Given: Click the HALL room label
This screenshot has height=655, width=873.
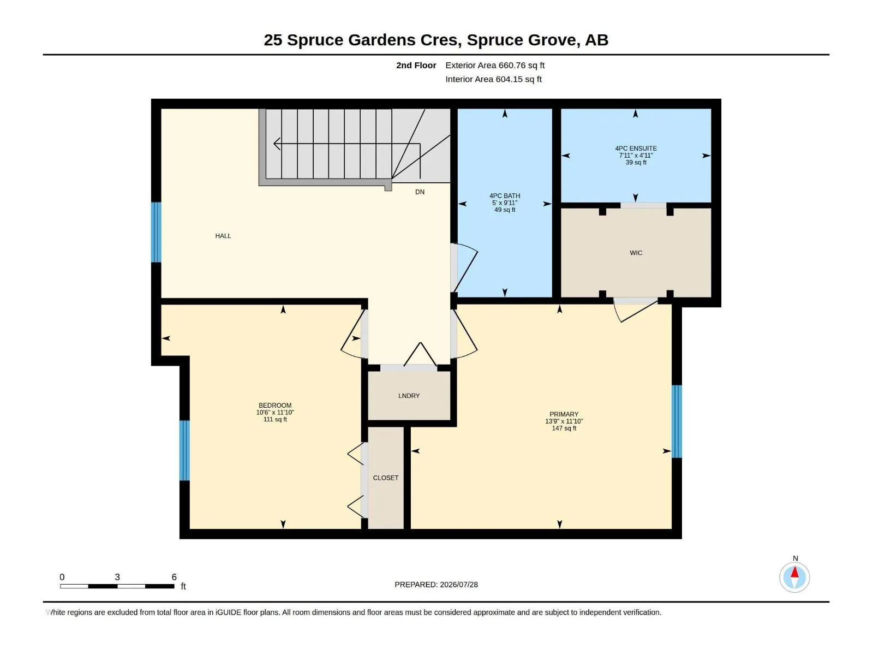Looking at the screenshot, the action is click(x=223, y=236).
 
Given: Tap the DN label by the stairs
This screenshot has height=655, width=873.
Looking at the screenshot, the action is click(x=420, y=192).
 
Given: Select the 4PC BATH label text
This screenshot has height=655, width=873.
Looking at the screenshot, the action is click(x=504, y=195).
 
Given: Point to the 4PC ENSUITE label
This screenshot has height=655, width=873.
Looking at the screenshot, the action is click(x=636, y=148).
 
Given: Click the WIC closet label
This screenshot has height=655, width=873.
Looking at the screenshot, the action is click(x=636, y=253).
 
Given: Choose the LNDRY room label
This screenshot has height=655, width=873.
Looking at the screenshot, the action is click(x=409, y=396).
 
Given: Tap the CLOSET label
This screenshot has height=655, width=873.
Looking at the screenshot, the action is click(x=385, y=478).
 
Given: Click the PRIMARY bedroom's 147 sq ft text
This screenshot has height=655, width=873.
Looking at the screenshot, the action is click(x=564, y=428).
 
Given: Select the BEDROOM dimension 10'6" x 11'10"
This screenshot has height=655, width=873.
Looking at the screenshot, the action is click(x=275, y=413).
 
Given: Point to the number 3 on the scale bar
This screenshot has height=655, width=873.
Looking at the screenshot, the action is click(x=117, y=576).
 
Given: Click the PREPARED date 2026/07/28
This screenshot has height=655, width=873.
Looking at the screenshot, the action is click(x=458, y=585).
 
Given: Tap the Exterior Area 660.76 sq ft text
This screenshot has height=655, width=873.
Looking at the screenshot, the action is click(x=495, y=65).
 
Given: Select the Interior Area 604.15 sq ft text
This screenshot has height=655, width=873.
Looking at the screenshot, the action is click(x=493, y=79).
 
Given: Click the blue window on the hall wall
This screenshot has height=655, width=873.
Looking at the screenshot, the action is click(x=156, y=233).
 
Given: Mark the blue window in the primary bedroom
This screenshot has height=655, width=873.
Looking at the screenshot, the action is click(x=677, y=421).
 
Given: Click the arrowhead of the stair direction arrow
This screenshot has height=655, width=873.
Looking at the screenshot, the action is click(x=277, y=144).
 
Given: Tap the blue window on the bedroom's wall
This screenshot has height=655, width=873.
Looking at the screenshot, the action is click(x=184, y=450).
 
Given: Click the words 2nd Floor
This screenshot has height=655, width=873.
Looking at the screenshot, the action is click(x=416, y=65).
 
